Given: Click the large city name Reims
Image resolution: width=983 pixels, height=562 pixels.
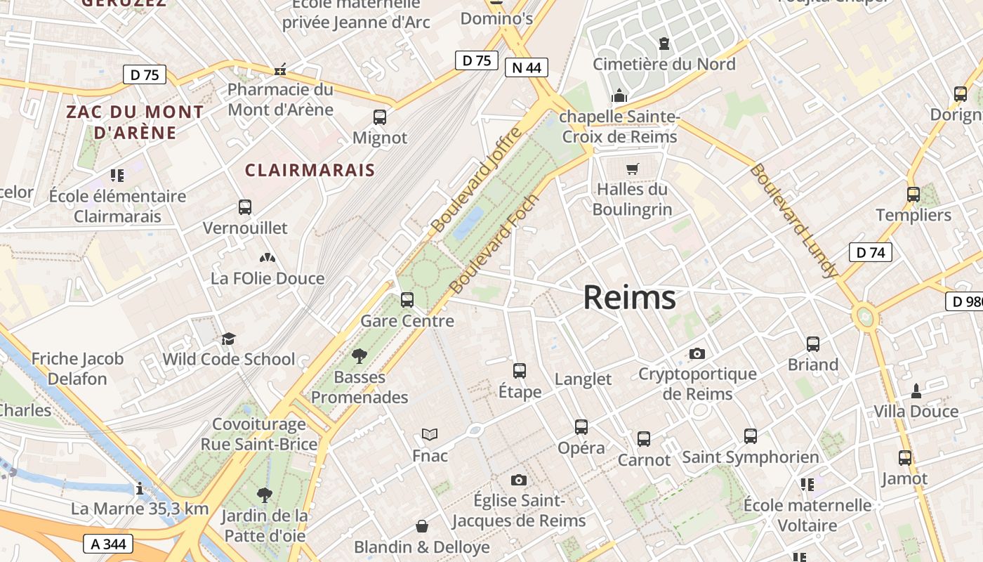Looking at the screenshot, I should (x=629, y=298).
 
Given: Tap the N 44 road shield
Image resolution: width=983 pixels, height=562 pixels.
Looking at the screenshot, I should (x=526, y=67).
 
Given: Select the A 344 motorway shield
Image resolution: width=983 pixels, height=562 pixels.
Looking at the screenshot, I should (x=107, y=544).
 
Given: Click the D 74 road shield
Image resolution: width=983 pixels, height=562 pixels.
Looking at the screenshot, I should (x=870, y=253).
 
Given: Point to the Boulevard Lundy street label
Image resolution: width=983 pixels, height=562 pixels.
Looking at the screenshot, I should (x=793, y=220).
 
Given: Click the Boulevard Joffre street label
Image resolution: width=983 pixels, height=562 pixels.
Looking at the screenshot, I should (x=477, y=180).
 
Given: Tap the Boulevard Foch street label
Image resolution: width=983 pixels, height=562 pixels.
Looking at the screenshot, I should (x=494, y=244).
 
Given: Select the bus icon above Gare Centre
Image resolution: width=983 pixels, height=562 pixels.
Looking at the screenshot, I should (x=407, y=300).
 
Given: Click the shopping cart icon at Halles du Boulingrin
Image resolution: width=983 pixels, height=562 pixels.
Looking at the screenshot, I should (x=632, y=169).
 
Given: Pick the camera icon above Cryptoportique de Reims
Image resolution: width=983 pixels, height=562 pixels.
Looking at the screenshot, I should (x=697, y=353).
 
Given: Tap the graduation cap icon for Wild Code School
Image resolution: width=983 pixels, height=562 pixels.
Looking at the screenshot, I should (x=228, y=339).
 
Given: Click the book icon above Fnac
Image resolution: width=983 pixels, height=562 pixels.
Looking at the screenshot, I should (x=429, y=435).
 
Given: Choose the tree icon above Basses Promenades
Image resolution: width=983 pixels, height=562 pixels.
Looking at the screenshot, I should (x=359, y=356).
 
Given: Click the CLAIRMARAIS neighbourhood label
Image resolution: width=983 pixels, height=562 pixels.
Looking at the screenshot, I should (x=310, y=170).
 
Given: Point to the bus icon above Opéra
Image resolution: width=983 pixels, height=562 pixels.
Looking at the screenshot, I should (x=581, y=426).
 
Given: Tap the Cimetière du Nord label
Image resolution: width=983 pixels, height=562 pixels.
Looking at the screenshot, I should (x=664, y=65).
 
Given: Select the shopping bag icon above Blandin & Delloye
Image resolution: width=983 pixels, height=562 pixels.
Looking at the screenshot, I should (x=422, y=526).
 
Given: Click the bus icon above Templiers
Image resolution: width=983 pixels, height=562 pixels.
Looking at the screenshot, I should (x=913, y=195).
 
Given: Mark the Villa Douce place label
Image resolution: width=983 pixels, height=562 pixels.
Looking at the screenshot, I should (x=916, y=412).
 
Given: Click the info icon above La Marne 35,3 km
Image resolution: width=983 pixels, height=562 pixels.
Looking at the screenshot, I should (x=140, y=488).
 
